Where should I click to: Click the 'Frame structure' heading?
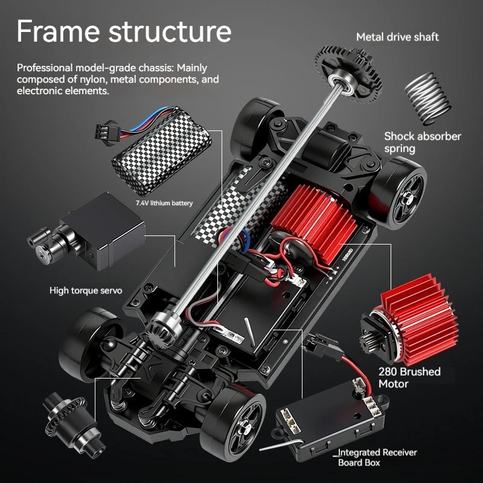point(124,31)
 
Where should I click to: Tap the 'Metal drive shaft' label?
point(397,37)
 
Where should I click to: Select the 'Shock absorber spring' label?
point(423,142)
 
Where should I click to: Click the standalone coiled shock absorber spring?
point(427,98)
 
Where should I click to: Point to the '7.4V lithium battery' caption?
point(164,203)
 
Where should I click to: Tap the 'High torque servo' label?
point(86,290)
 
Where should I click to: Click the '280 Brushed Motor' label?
point(409,378)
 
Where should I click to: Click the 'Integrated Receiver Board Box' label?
point(377,458)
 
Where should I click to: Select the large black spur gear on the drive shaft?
point(348,74)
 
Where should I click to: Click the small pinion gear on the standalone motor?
point(367,342)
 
